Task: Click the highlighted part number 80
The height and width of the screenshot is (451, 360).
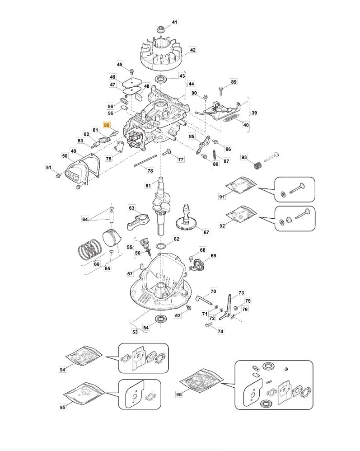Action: [107, 125]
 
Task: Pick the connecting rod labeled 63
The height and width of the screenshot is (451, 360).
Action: [145, 221]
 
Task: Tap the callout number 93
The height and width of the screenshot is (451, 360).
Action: [244, 158]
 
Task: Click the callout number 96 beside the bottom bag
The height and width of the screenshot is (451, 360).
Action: [179, 394]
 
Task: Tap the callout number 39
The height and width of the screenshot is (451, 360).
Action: [254, 113]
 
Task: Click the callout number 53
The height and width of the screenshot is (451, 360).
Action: [135, 332]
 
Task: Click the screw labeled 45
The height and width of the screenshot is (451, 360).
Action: [131, 72]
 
